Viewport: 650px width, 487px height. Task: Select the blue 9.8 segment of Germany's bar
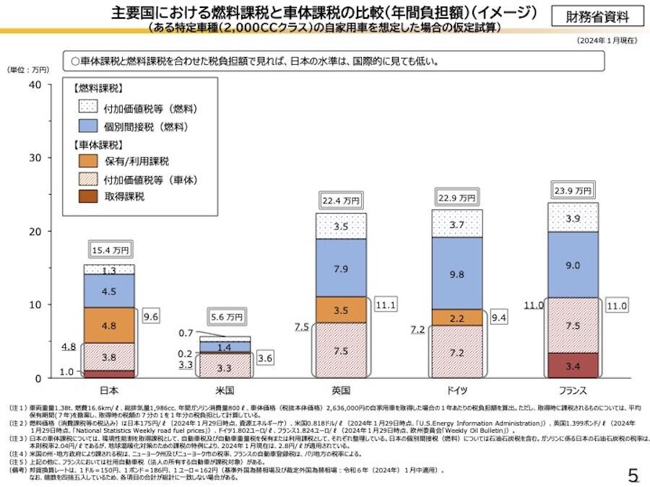point(456,274)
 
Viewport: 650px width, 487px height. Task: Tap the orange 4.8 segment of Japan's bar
point(109,325)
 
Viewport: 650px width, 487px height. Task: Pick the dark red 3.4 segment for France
point(573,366)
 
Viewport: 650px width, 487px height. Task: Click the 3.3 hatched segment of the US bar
point(225,367)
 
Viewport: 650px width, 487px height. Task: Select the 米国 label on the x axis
point(225,390)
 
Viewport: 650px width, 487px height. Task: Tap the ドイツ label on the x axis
point(456,390)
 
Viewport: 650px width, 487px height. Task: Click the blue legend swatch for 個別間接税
point(87,126)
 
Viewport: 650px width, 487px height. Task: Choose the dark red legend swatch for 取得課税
point(87,196)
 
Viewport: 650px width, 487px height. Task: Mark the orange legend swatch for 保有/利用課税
point(87,162)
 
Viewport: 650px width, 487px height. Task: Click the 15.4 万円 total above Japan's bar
point(110,250)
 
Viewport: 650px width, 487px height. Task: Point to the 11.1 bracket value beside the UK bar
point(386,305)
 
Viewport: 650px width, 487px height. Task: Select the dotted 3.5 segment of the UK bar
point(341,226)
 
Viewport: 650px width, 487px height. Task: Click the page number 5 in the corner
point(633,475)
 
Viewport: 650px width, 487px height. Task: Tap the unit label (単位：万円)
point(28,70)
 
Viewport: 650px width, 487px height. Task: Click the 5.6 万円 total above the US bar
point(225,317)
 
